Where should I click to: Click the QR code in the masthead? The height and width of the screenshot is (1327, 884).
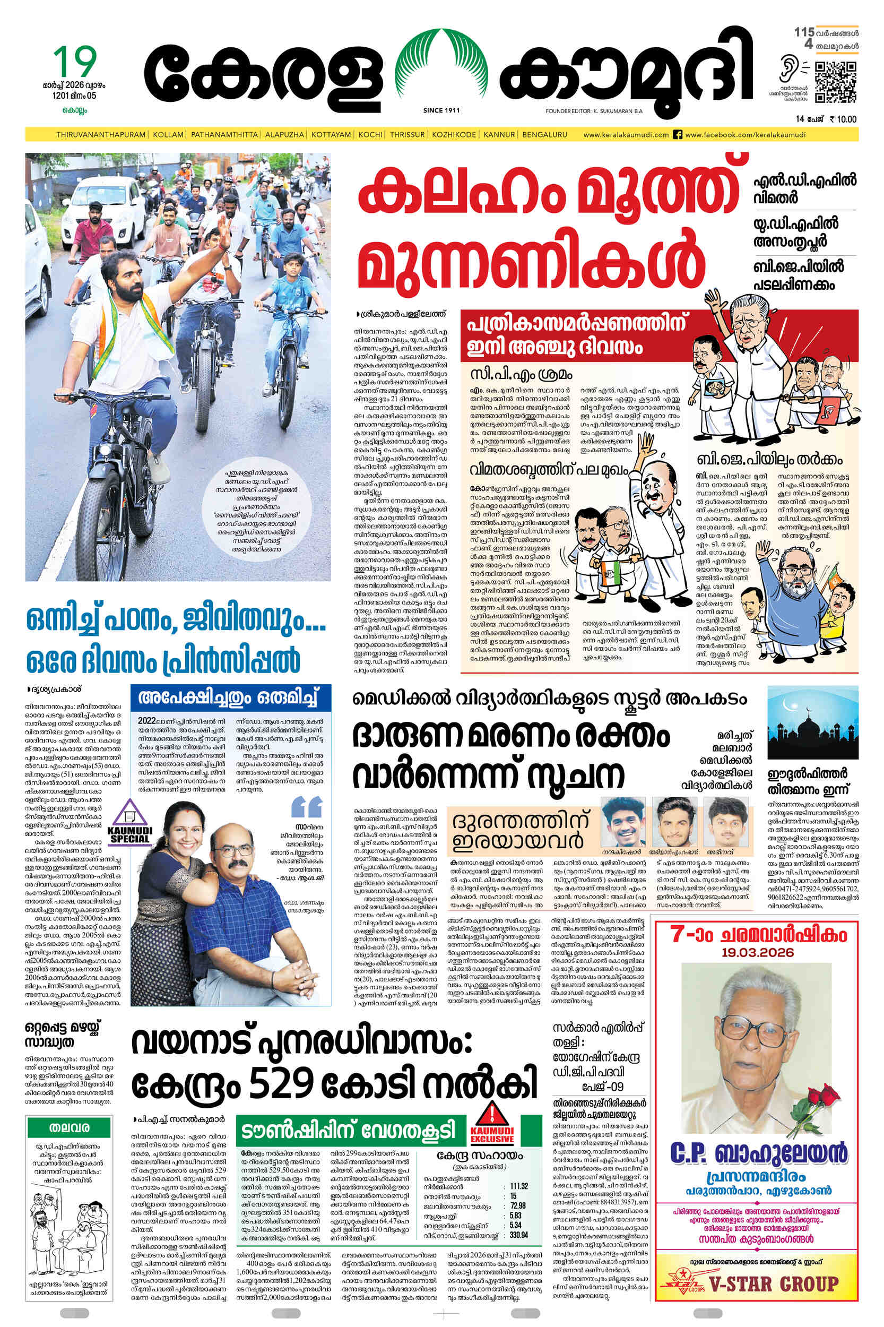pos(836,82)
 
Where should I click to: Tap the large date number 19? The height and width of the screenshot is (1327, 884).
pos(75,62)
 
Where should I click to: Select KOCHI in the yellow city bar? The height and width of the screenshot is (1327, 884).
pos(370,135)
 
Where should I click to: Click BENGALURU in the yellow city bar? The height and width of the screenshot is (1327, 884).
pos(544,135)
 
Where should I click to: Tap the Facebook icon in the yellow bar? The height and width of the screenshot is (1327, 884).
pos(678,135)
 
